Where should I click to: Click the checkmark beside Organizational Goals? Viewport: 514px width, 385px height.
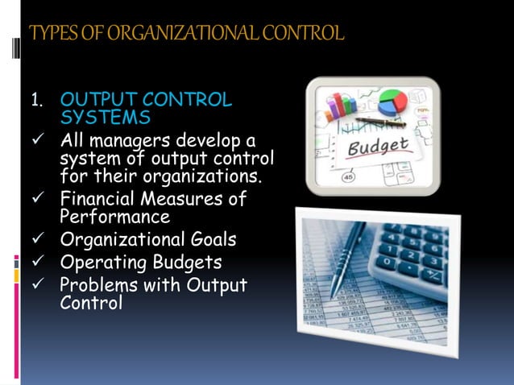35,241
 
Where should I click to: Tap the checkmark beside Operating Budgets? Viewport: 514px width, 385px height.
35,264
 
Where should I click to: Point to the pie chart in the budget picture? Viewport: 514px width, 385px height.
392,101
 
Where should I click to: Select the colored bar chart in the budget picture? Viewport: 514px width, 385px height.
339,106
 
